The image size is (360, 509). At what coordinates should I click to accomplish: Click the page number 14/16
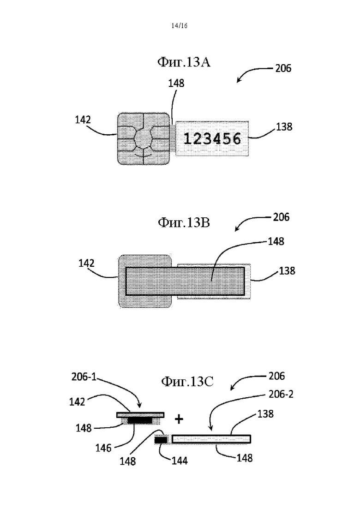click(180, 26)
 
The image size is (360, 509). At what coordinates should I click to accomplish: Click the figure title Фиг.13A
click(184, 62)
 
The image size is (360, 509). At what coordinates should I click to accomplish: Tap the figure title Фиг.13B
click(184, 222)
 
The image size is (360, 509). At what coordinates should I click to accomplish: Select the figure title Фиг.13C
click(187, 382)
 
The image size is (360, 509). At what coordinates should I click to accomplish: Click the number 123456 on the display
click(213, 138)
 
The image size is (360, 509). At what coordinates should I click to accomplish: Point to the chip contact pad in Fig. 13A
click(144, 138)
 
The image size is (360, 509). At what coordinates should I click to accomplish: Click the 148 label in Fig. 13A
click(176, 84)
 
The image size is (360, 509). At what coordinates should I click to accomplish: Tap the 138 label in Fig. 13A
click(284, 126)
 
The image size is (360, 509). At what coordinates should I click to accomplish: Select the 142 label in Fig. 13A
click(83, 120)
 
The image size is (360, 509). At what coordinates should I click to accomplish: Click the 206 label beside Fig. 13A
click(283, 68)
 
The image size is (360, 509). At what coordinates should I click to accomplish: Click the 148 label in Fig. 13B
click(276, 241)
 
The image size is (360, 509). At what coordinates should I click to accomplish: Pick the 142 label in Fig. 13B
click(86, 263)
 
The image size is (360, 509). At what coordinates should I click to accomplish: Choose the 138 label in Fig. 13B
click(287, 270)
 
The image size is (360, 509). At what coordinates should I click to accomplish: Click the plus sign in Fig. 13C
click(179, 419)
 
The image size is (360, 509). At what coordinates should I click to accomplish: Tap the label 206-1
click(84, 377)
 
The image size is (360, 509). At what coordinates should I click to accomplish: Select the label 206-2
click(281, 394)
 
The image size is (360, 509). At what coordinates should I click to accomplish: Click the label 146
click(103, 448)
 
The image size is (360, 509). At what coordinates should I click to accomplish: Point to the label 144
click(180, 461)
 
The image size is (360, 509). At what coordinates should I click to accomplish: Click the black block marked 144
click(161, 440)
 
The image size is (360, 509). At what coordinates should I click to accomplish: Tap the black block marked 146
click(140, 421)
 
